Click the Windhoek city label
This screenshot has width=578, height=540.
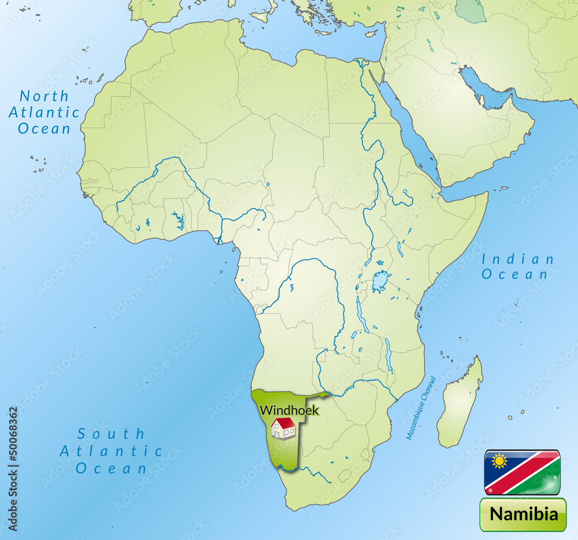288,411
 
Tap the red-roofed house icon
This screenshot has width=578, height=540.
283,428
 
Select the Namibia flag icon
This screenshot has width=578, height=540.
522,472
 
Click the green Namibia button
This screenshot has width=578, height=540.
523,513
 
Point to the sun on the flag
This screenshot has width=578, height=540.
499,461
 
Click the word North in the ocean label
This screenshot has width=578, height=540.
44,96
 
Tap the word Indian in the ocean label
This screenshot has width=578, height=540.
518,259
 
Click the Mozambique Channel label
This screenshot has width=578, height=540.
421,408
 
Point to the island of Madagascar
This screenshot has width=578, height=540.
460,404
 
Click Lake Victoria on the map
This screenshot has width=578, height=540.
380,282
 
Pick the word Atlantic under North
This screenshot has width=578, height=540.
44,112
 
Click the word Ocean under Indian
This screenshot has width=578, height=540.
515,275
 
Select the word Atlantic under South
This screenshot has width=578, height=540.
112,450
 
